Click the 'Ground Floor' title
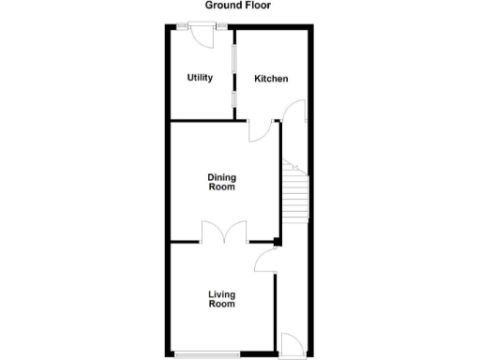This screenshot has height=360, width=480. point(240,6)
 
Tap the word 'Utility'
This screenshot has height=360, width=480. point(199,78)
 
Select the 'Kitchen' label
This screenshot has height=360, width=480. point(271,79)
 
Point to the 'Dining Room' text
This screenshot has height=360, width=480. point(221,182)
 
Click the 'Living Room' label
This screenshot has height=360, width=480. point(221,299)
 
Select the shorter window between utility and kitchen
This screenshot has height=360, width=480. point(234,101)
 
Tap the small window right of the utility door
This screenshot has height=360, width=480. point(221,25)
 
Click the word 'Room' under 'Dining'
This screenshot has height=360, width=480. point(221,187)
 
